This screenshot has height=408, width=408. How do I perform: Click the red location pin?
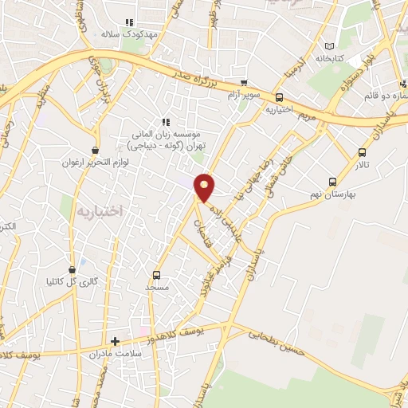click(x=206, y=186)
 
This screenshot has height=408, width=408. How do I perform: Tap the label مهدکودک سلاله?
click(x=120, y=35)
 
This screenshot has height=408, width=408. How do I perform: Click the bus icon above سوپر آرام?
click(x=244, y=83)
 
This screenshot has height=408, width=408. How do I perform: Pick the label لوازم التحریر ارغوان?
click(x=96, y=162)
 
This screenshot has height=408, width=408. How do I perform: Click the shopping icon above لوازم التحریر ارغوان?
click(x=96, y=150)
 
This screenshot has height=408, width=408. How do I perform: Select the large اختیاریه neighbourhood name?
click(x=100, y=210)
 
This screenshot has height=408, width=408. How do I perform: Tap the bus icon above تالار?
click(x=363, y=152)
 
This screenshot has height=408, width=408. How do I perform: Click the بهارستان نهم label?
click(x=331, y=194)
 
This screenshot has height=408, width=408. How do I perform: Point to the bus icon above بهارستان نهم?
click(x=332, y=182)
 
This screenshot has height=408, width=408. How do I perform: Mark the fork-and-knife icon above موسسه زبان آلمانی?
click(x=165, y=122)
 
